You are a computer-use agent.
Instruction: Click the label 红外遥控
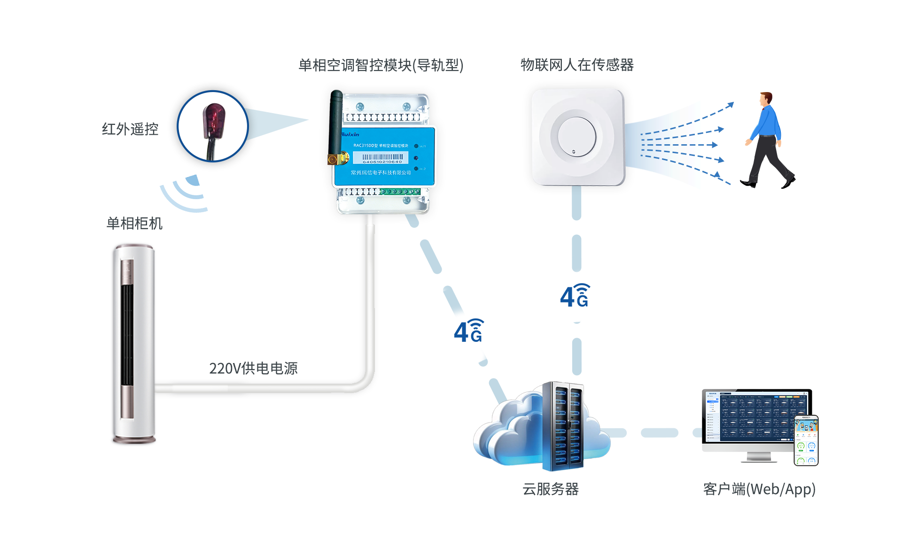coord(130,129)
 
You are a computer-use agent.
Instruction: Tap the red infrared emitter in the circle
coord(214,120)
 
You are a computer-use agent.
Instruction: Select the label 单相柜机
coord(134,223)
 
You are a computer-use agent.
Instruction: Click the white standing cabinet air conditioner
coord(134,343)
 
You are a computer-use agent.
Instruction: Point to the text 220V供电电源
coord(253,368)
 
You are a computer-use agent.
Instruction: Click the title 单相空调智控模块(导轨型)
coord(381,65)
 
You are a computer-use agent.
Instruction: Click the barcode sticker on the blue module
coord(381,158)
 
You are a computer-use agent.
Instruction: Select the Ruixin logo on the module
coord(350,134)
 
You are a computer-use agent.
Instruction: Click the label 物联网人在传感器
coord(577,65)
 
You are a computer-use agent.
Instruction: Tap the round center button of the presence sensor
coord(576,137)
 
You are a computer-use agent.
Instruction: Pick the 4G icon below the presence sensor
coord(575,296)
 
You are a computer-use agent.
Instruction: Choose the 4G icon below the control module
coord(468,331)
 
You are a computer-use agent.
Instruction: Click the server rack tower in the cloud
coord(563,426)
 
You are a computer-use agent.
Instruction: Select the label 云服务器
coord(550,489)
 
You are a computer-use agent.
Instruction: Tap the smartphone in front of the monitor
coord(806,441)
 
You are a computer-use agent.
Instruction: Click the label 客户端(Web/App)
coord(759,489)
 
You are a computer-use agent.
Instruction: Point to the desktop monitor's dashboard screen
coord(752,416)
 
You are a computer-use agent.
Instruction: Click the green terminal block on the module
coord(400,192)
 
